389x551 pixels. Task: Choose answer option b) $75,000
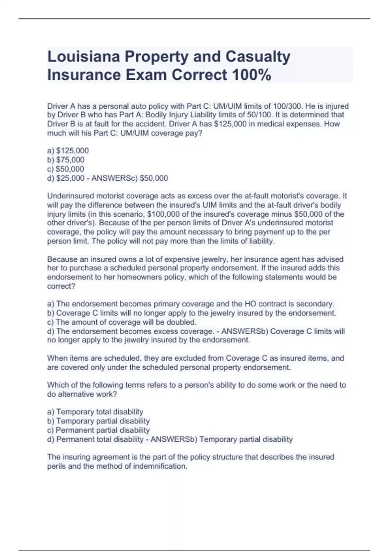(66, 160)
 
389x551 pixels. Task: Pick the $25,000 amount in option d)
(70, 178)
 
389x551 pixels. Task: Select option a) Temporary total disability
(95, 412)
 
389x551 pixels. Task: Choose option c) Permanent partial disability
(99, 430)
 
